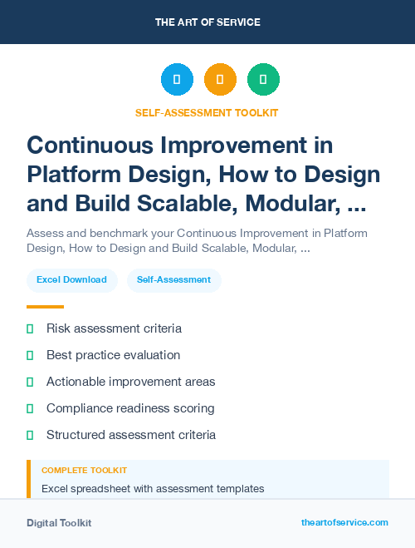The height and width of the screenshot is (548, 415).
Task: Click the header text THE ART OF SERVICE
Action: click(207, 22)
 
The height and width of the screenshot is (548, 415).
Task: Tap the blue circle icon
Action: click(177, 79)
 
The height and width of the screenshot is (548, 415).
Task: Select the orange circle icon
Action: click(220, 79)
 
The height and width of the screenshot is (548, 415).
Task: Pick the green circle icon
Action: click(263, 79)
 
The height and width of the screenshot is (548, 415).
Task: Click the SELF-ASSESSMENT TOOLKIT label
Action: click(207, 112)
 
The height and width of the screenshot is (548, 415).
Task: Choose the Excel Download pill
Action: click(71, 280)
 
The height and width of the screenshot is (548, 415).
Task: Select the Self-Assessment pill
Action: click(173, 280)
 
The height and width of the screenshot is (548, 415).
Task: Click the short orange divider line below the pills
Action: click(45, 307)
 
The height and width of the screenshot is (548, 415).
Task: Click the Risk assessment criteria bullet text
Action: click(114, 328)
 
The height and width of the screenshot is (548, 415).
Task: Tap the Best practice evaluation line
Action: click(113, 355)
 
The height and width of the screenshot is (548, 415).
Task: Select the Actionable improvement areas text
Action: click(130, 382)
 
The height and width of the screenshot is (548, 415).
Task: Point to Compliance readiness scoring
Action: click(130, 408)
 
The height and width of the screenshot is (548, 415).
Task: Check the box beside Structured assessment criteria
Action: click(30, 435)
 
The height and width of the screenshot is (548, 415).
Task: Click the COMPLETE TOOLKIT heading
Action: click(84, 471)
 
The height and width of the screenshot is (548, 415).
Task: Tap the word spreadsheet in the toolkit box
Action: click(104, 488)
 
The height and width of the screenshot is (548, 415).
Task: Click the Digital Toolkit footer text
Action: click(59, 523)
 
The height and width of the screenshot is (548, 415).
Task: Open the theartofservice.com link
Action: click(344, 522)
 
